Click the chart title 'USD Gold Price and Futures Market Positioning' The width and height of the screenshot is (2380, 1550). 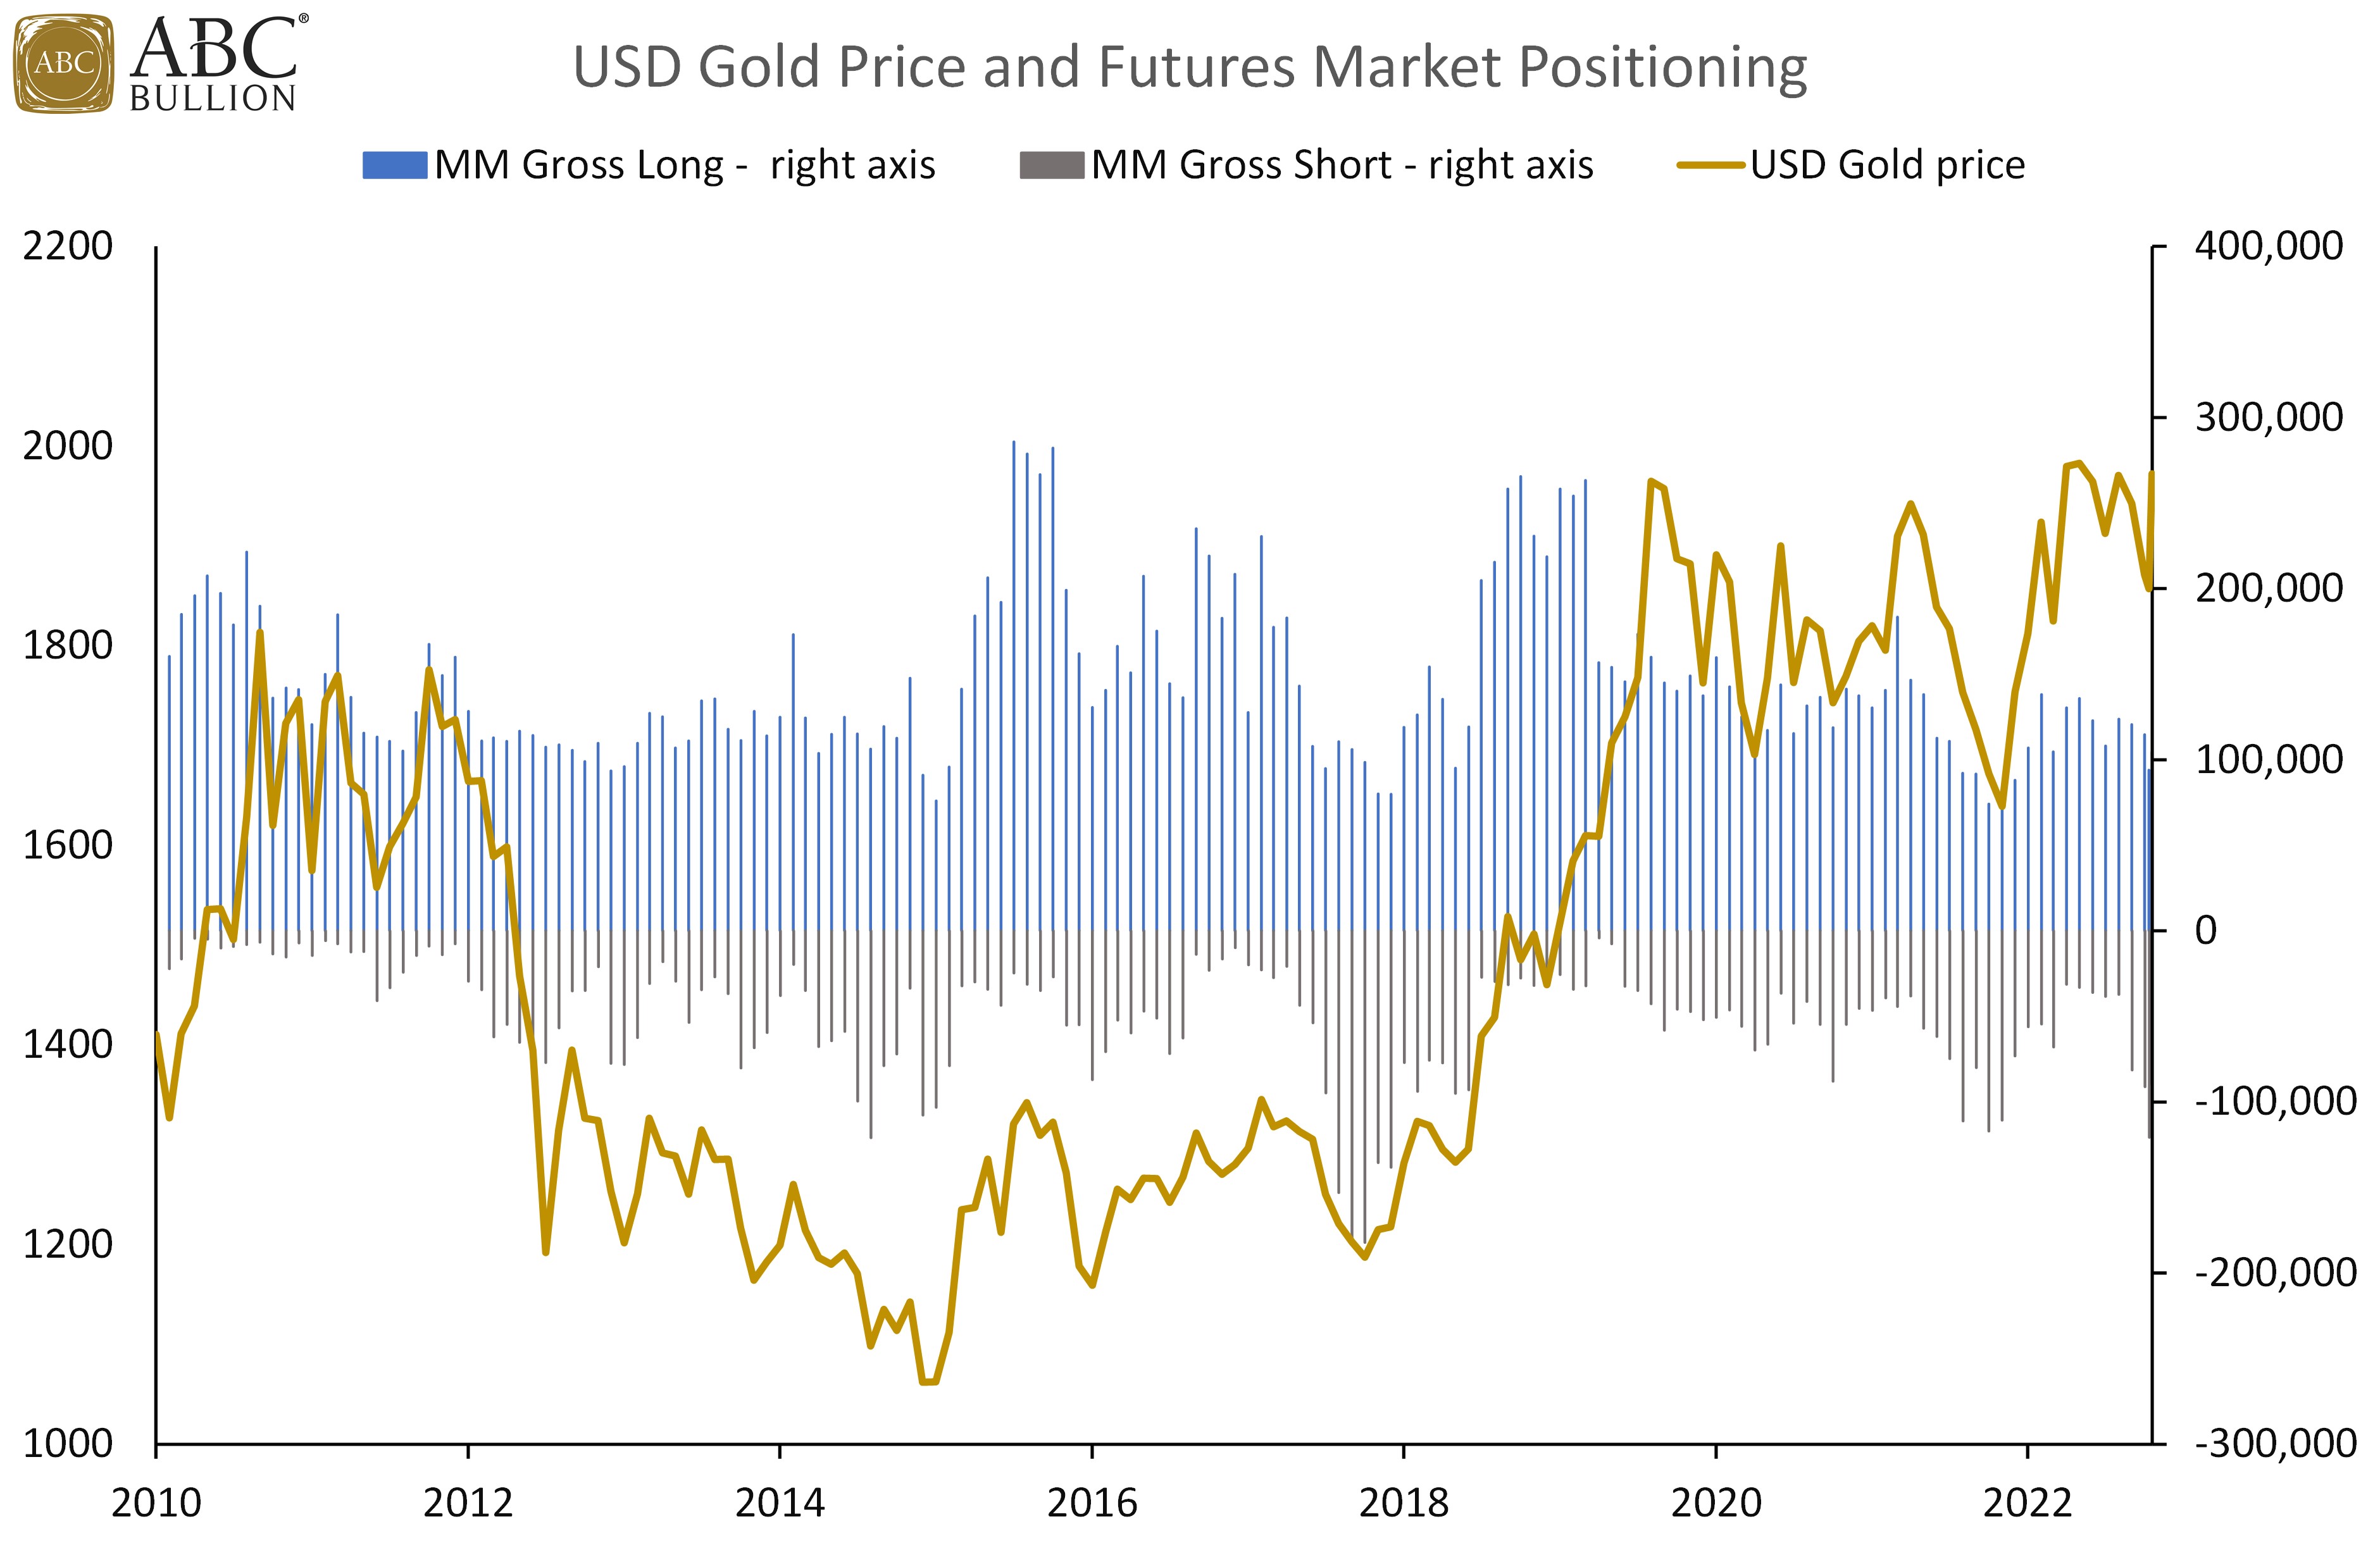coord(1189,67)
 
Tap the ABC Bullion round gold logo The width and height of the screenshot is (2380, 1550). coord(63,63)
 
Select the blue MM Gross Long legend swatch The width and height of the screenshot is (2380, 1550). coord(395,165)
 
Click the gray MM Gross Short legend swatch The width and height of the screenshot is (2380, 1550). coord(1051,165)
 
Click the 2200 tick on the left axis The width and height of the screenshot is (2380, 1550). coord(67,246)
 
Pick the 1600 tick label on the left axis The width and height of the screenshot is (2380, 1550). coord(67,845)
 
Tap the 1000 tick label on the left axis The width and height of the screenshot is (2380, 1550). coord(67,1444)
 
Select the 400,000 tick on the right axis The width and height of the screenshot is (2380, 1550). coord(2268,246)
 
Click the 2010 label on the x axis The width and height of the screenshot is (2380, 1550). coord(156,1503)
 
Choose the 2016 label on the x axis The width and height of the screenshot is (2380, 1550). coord(1092,1503)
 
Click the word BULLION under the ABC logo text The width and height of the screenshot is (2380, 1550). coord(213,99)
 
